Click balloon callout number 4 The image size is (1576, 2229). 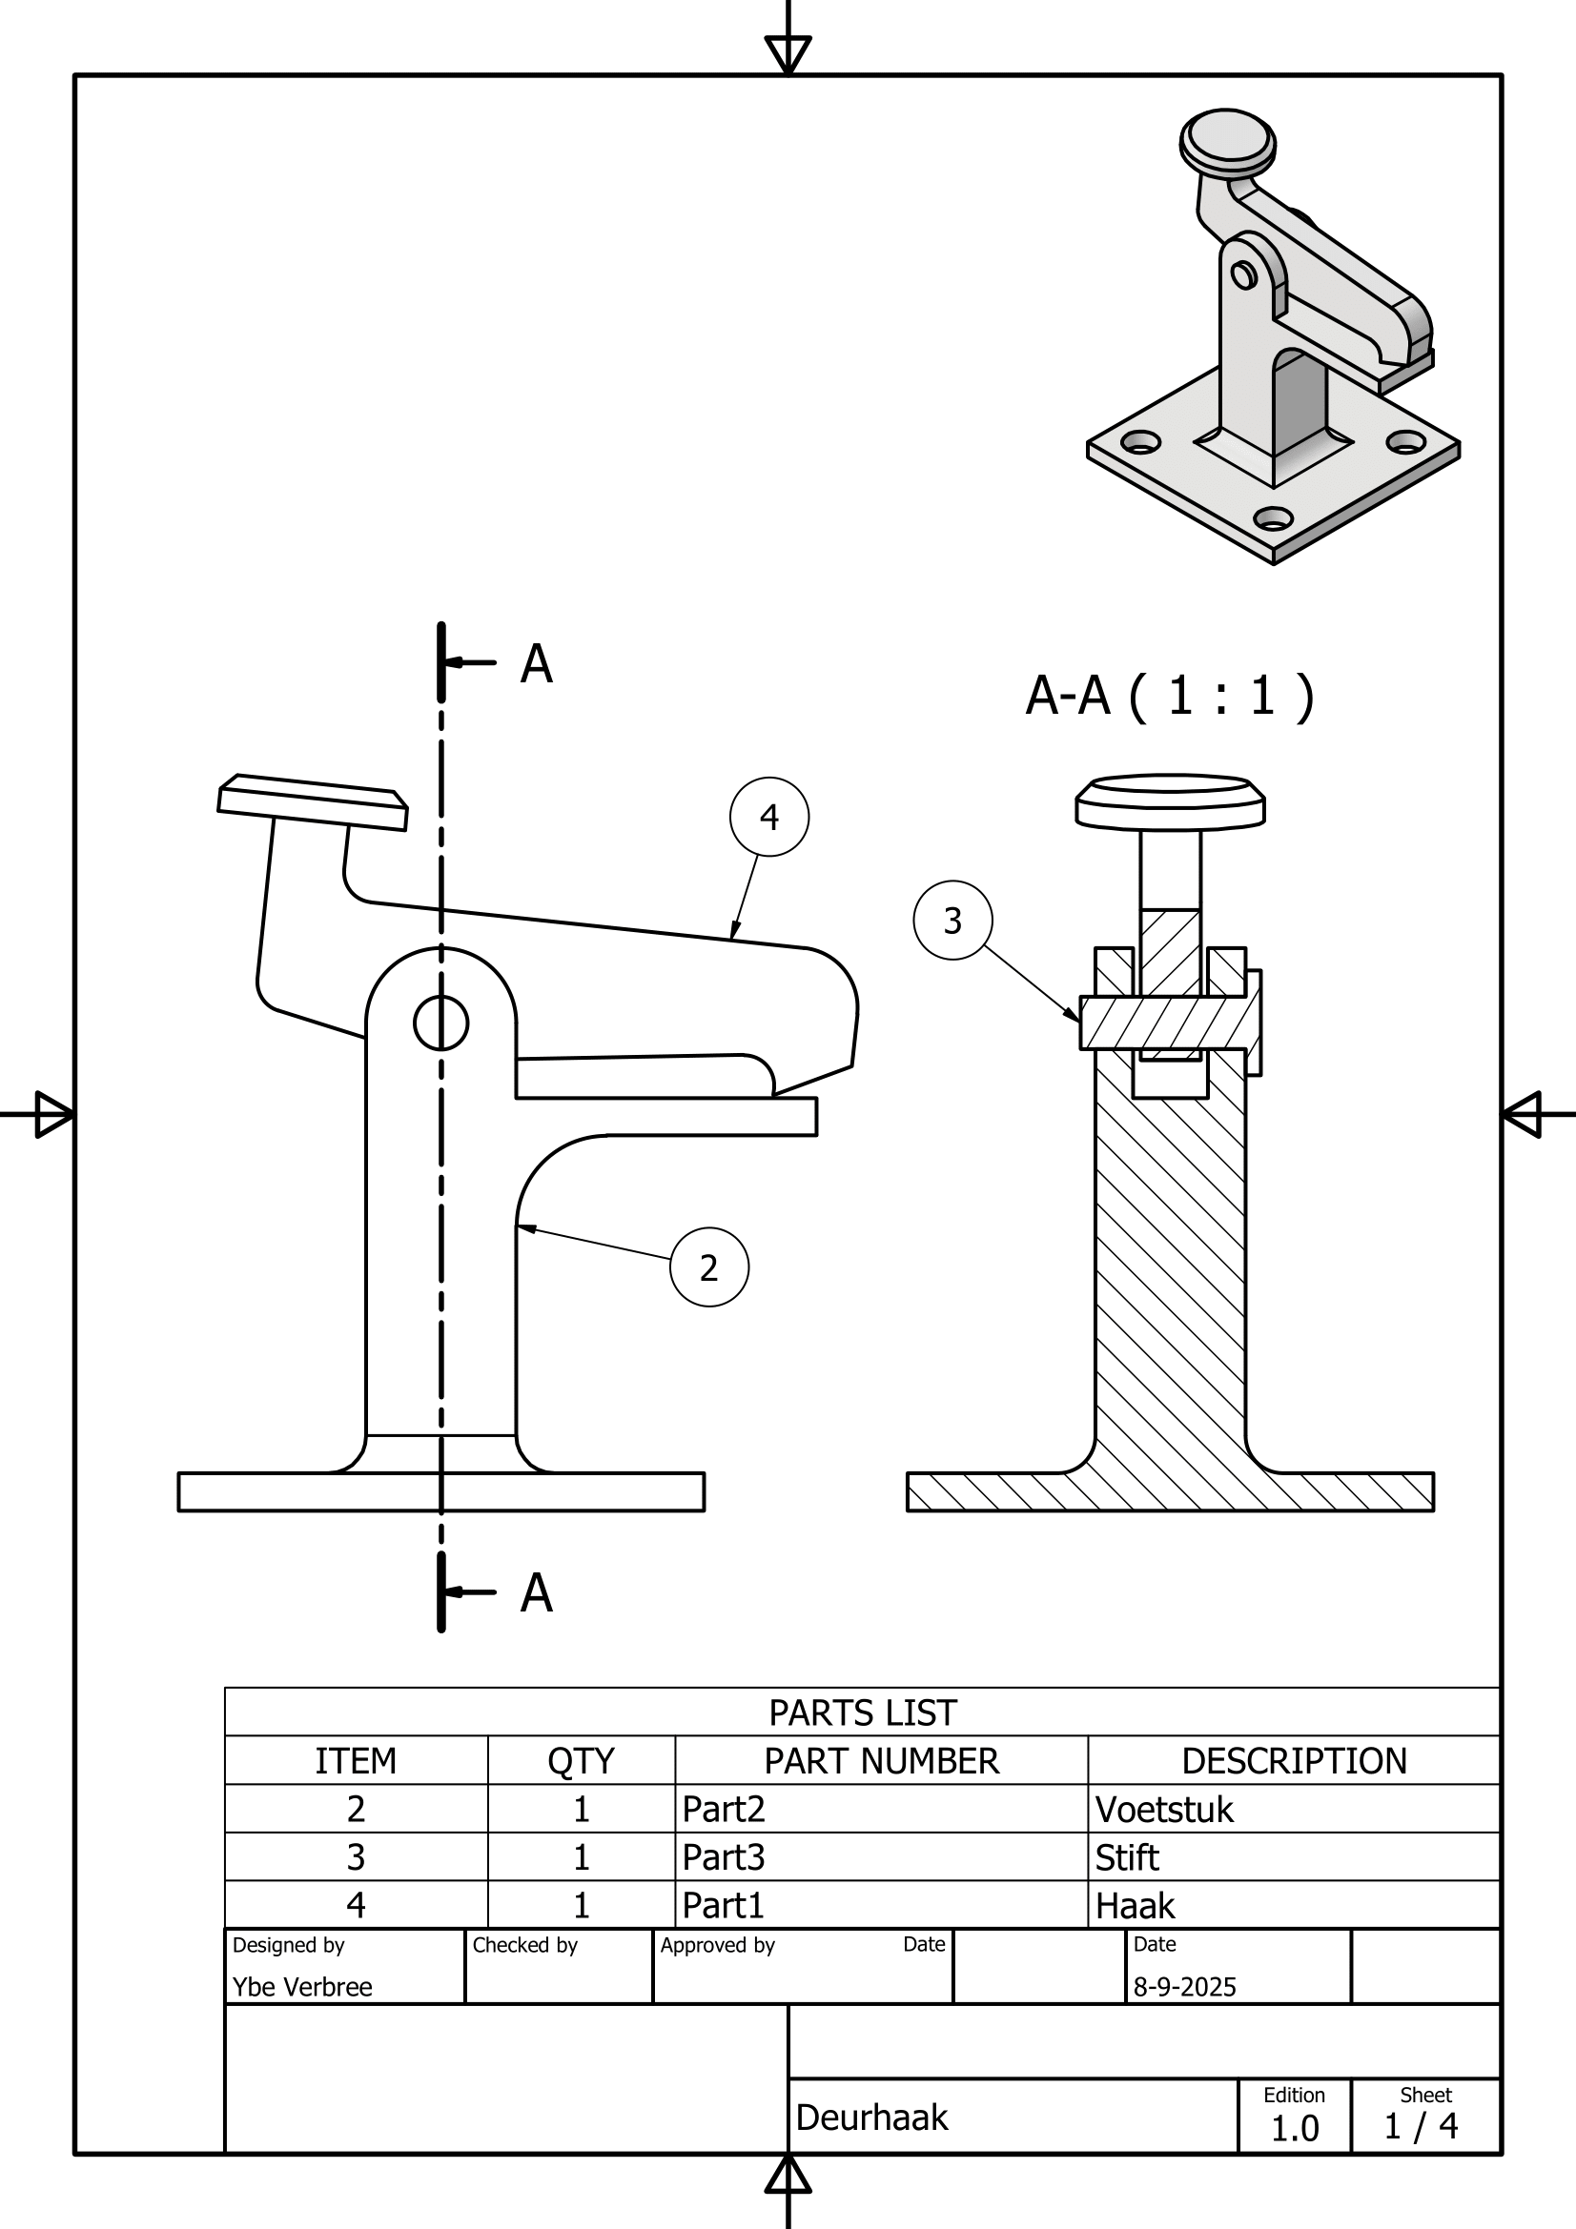(x=769, y=817)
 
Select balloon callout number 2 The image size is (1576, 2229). (x=708, y=1266)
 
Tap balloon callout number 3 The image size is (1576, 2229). (x=952, y=921)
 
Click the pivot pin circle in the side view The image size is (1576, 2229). (x=440, y=1023)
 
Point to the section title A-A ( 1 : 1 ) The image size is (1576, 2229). (x=1169, y=695)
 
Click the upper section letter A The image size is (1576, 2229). (x=536, y=664)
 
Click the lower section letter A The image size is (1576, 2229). (x=536, y=1593)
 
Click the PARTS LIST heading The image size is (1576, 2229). (x=862, y=1712)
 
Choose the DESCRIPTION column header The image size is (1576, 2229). (x=1294, y=1760)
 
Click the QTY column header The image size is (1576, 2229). (x=581, y=1760)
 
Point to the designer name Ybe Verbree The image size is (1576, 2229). (x=302, y=1986)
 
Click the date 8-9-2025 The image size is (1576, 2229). (x=1184, y=1986)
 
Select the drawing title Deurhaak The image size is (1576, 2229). (x=871, y=2117)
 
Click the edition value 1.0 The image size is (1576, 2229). (x=1295, y=2128)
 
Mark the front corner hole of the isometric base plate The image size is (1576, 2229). (x=1273, y=517)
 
